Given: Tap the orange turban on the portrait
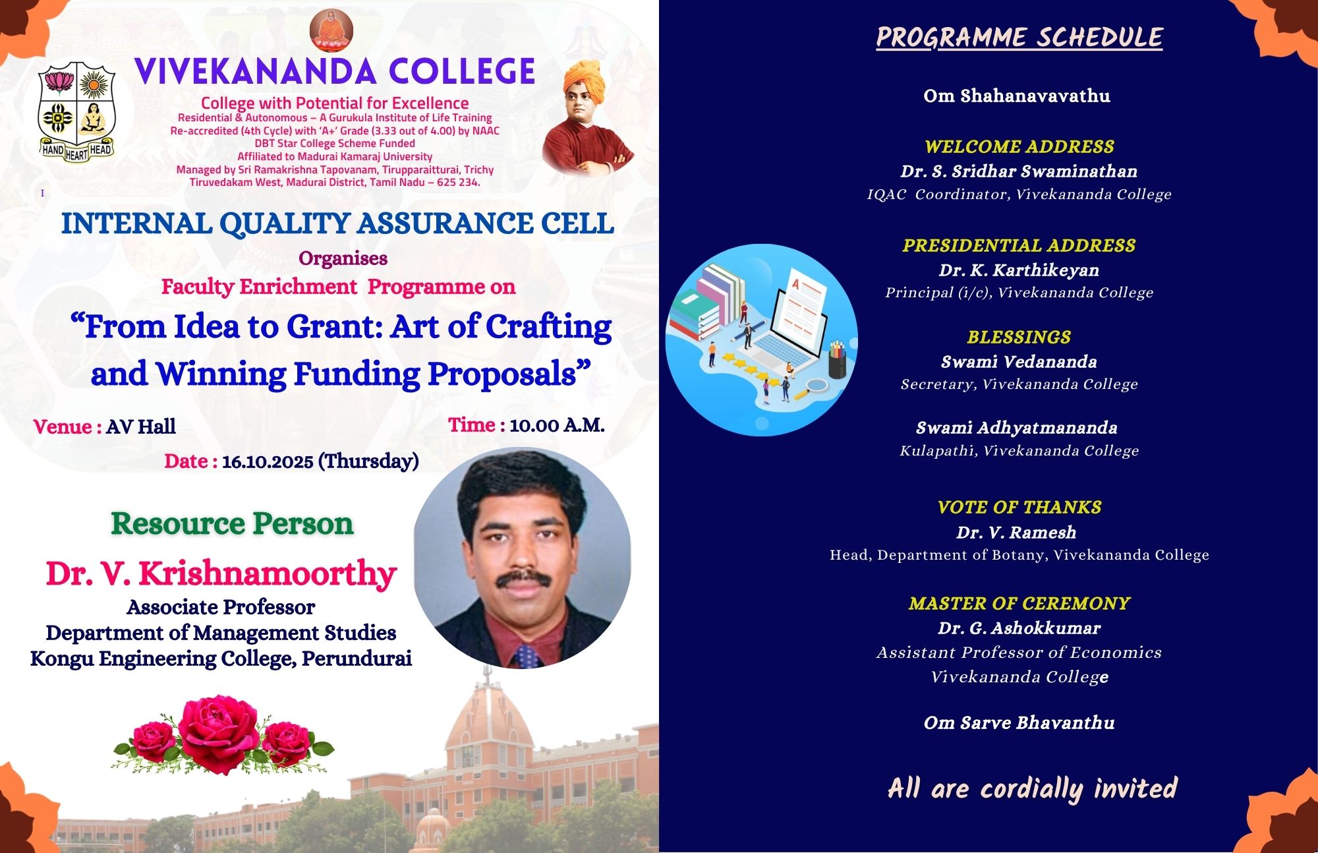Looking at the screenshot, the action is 585,81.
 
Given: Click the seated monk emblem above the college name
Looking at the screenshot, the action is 331,30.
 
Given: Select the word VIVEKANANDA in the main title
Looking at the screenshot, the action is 255,72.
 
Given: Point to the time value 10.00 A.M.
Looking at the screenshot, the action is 557,425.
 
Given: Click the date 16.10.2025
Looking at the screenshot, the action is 268,461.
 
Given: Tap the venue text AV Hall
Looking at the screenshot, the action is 141,426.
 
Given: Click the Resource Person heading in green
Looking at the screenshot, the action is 232,524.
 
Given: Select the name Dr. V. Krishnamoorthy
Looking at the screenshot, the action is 221,574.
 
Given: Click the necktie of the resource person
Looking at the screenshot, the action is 527,656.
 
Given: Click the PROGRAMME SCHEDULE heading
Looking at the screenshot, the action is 1019,38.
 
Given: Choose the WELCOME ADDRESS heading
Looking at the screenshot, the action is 1019,146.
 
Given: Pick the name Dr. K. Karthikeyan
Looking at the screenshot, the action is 1019,270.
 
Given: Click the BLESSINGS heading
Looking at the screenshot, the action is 1019,337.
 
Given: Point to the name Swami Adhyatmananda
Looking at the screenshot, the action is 1017,428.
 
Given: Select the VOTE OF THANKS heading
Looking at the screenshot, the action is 1019,507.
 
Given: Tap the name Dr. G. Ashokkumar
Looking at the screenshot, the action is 1019,628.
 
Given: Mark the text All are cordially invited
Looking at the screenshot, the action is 1033,789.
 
